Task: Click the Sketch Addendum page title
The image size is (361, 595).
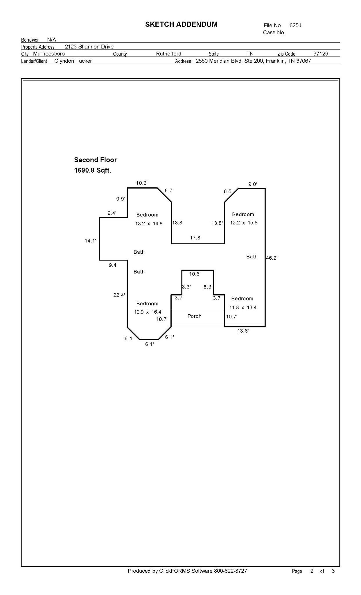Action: (181, 24)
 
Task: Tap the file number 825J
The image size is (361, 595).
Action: (295, 26)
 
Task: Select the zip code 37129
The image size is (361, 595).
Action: (321, 54)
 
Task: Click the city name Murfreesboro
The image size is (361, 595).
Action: (49, 54)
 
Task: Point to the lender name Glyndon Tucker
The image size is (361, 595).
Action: (73, 61)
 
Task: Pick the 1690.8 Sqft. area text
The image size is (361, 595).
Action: (92, 171)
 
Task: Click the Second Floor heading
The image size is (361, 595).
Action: (95, 160)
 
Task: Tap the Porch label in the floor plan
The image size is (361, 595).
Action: (194, 316)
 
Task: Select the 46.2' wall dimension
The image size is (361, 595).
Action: (272, 258)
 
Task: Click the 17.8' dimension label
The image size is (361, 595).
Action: (196, 238)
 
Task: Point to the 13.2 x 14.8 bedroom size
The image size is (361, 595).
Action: (149, 224)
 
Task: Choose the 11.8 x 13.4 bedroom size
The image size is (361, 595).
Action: (243, 307)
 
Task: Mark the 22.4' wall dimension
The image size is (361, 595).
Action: (119, 295)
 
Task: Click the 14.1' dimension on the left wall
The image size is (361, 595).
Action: (90, 241)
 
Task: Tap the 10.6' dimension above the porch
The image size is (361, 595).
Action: (195, 274)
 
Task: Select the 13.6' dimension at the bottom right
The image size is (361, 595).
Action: (243, 331)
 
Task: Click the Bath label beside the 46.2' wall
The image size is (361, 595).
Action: (252, 257)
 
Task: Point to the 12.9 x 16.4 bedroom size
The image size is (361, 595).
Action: (148, 312)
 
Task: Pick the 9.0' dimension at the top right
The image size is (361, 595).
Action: (252, 184)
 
